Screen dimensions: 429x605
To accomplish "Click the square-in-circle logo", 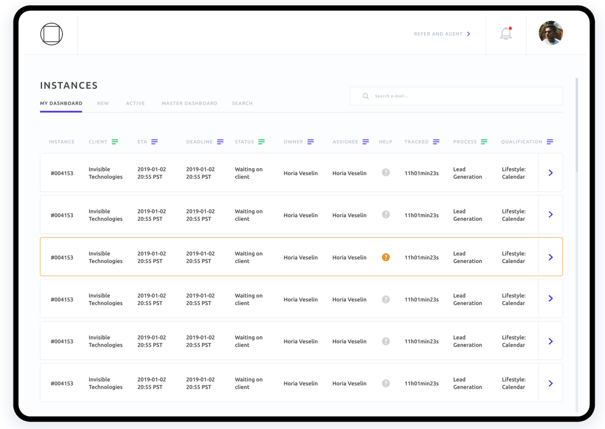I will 52,34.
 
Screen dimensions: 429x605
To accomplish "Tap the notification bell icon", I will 506,34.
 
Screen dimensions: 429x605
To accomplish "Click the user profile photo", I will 551,33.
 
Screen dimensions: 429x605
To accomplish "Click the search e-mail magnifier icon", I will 366,96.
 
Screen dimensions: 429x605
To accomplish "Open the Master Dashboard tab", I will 189,103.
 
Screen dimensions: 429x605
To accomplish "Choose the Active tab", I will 135,103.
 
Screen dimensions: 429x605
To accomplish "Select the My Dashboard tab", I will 61,103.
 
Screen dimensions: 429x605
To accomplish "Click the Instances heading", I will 69,86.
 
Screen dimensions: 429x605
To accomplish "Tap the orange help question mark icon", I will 386,258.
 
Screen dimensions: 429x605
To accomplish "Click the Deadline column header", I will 199,142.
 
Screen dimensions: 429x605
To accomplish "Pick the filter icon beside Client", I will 115,142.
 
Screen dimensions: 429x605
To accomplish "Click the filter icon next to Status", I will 261,142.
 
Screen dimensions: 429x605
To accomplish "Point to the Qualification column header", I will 521,142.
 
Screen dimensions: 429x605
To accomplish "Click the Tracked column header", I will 416,142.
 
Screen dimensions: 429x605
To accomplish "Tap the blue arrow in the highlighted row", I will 551,258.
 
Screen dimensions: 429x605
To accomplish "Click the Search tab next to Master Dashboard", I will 242,103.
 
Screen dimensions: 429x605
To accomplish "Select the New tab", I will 103,103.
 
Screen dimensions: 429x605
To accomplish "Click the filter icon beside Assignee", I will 366,142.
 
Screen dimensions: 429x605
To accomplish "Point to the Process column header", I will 465,142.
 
